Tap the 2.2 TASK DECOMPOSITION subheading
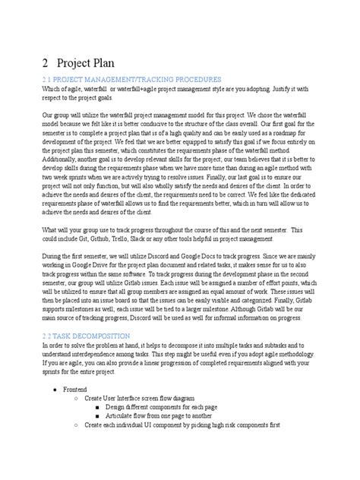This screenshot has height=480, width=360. (87, 335)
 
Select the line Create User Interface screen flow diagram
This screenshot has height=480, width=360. (145, 397)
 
